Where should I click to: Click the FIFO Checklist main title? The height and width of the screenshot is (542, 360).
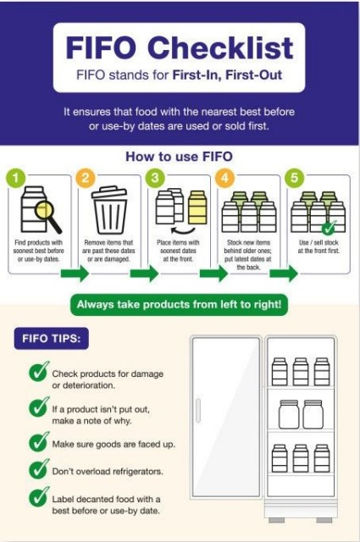(x=180, y=47)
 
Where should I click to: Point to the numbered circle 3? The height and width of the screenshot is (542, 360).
(x=156, y=179)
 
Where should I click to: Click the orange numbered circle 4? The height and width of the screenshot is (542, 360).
(x=225, y=179)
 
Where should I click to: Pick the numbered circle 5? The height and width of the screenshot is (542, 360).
(x=295, y=179)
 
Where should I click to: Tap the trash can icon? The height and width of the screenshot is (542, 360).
(x=109, y=211)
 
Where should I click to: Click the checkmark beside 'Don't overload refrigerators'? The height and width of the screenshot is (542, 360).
(x=38, y=469)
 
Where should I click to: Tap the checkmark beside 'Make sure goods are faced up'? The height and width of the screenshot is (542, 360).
(x=38, y=441)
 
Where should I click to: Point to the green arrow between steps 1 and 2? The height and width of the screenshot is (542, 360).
(x=75, y=274)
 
